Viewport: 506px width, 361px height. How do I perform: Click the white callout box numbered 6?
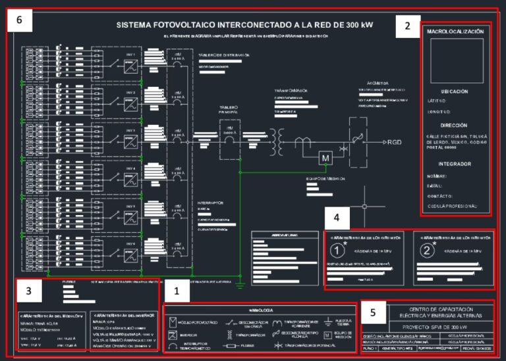click(19, 20)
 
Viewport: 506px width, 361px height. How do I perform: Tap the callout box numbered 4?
click(337, 218)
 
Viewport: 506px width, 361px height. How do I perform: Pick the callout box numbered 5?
click(374, 312)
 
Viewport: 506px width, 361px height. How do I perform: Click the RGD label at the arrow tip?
click(394, 142)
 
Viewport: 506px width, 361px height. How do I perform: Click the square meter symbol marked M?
click(324, 158)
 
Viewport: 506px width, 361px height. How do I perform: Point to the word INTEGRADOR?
click(455, 164)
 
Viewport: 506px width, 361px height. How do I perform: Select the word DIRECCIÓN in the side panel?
click(455, 124)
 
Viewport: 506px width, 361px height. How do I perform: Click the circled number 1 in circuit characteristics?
click(337, 250)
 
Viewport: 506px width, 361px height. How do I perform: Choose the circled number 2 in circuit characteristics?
click(429, 250)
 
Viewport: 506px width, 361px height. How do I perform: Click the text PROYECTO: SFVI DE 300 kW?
click(428, 327)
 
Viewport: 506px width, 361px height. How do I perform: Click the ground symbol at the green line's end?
click(241, 284)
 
